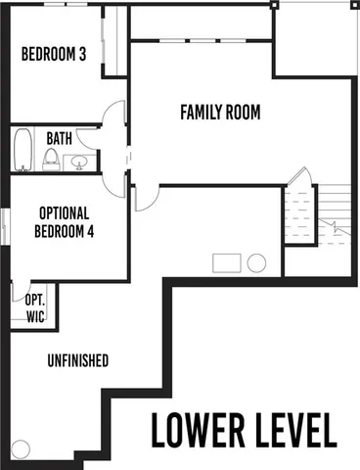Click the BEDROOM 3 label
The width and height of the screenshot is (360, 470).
click(54, 56)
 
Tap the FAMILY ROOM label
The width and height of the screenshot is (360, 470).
click(219, 113)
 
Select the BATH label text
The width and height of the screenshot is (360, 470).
click(59, 138)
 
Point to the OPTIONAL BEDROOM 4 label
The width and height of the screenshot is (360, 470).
click(64, 221)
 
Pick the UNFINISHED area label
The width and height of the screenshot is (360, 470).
click(77, 361)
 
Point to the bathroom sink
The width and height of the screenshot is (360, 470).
click(82, 161)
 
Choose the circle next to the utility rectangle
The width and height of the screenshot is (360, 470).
click(257, 262)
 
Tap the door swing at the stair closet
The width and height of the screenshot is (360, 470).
click(298, 179)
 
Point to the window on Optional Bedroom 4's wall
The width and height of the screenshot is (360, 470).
click(5, 226)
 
